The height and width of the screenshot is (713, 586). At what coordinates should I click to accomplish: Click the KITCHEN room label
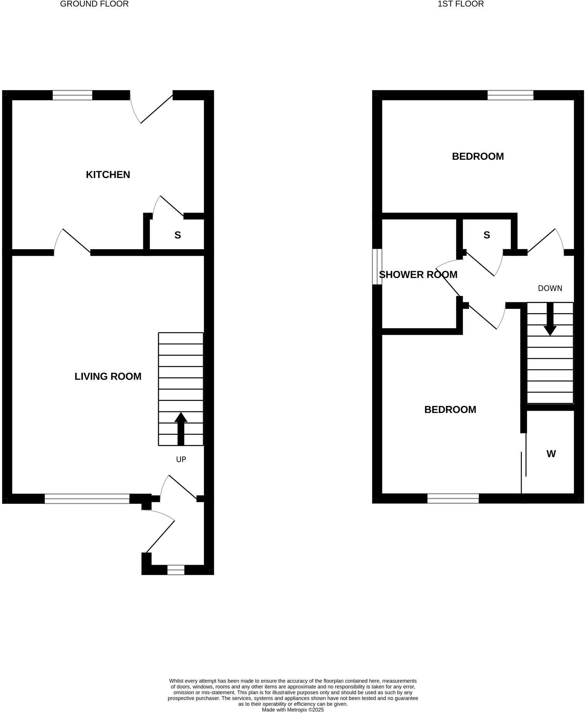pos(108,174)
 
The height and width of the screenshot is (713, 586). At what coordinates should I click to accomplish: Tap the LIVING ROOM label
pos(108,376)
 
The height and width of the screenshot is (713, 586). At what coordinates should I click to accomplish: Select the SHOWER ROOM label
pos(418,275)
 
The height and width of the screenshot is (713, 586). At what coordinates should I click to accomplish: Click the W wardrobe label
pos(551,454)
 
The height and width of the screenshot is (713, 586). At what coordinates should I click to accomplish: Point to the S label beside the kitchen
pos(178,235)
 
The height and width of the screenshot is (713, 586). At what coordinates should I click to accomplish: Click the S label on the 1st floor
pos(487,235)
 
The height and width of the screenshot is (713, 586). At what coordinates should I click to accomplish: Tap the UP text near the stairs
pos(181,459)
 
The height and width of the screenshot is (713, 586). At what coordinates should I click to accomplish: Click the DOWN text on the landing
pos(550,288)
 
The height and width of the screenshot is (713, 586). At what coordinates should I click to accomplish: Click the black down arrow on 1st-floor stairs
pos(550,320)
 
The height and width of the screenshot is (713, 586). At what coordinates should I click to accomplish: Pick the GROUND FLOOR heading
pos(94,4)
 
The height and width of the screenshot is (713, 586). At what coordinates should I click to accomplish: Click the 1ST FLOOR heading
pos(461,4)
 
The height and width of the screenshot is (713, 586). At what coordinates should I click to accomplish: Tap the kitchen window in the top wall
pos(72,95)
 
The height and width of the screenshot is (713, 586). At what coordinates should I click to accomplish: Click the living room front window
pos(87,498)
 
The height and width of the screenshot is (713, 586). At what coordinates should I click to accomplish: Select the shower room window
pos(377,267)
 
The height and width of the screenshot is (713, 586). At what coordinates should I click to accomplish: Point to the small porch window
pos(176,570)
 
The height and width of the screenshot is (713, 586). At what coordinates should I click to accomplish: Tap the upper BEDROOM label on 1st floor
pos(478,156)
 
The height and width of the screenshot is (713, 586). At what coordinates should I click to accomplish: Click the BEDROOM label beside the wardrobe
pos(450,409)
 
